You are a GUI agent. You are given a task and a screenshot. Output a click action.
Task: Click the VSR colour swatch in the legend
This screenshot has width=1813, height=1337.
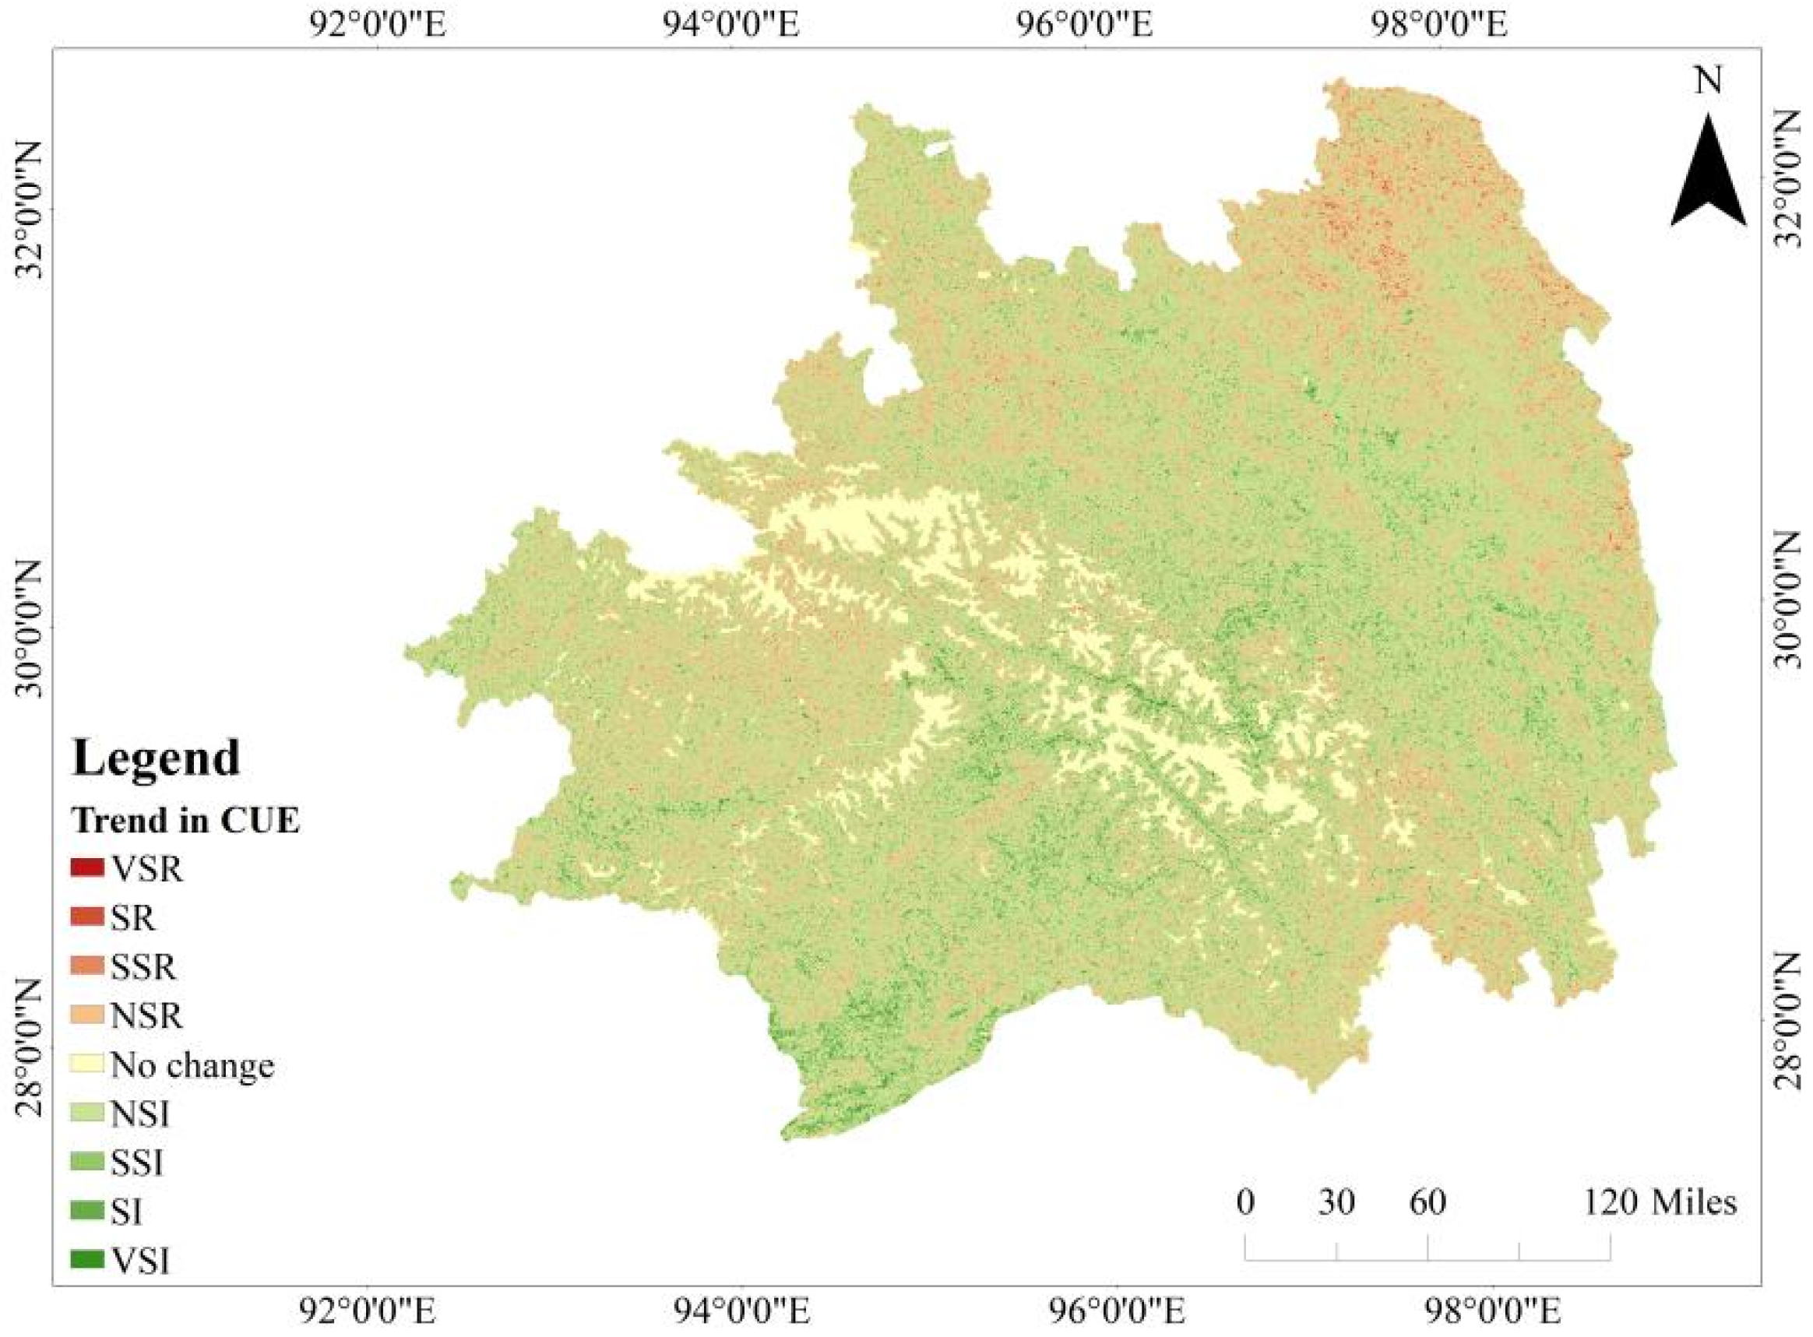click(87, 869)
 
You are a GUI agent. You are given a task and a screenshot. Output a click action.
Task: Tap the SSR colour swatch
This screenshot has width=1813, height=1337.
click(87, 966)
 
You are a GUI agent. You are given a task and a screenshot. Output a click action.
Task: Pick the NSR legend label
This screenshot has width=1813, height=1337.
click(147, 1015)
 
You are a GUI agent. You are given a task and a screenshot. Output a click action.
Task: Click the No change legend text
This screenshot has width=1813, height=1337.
click(192, 1065)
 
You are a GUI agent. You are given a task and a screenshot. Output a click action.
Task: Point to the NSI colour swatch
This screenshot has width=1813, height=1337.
click(87, 1114)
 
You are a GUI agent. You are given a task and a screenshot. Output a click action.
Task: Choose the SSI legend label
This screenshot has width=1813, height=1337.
click(138, 1163)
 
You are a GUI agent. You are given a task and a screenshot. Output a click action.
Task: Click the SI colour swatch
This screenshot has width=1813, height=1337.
click(87, 1211)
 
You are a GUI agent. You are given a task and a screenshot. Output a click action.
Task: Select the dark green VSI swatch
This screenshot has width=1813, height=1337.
click(87, 1260)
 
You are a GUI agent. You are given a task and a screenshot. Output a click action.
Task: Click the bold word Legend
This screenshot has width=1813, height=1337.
click(157, 758)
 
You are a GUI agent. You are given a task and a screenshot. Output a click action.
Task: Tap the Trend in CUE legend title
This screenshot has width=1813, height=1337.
click(186, 821)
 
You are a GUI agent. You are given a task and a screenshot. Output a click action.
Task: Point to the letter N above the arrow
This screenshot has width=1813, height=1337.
click(1708, 81)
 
